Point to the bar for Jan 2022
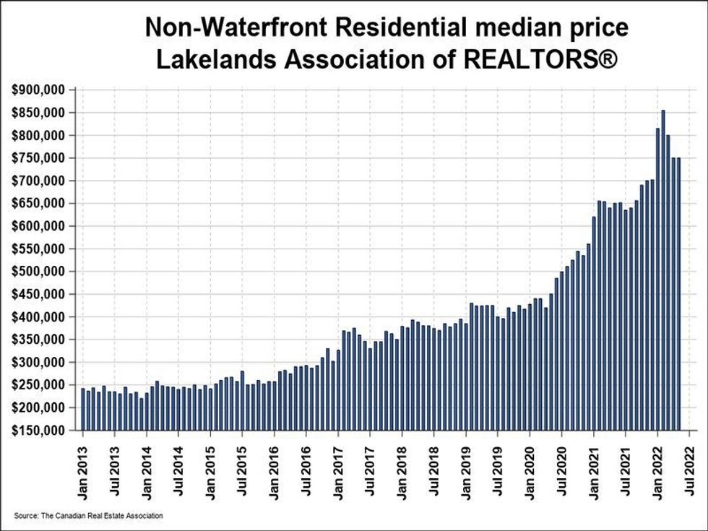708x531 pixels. (x=657, y=280)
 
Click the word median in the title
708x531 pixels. (x=524, y=28)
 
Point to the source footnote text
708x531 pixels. (x=88, y=515)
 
